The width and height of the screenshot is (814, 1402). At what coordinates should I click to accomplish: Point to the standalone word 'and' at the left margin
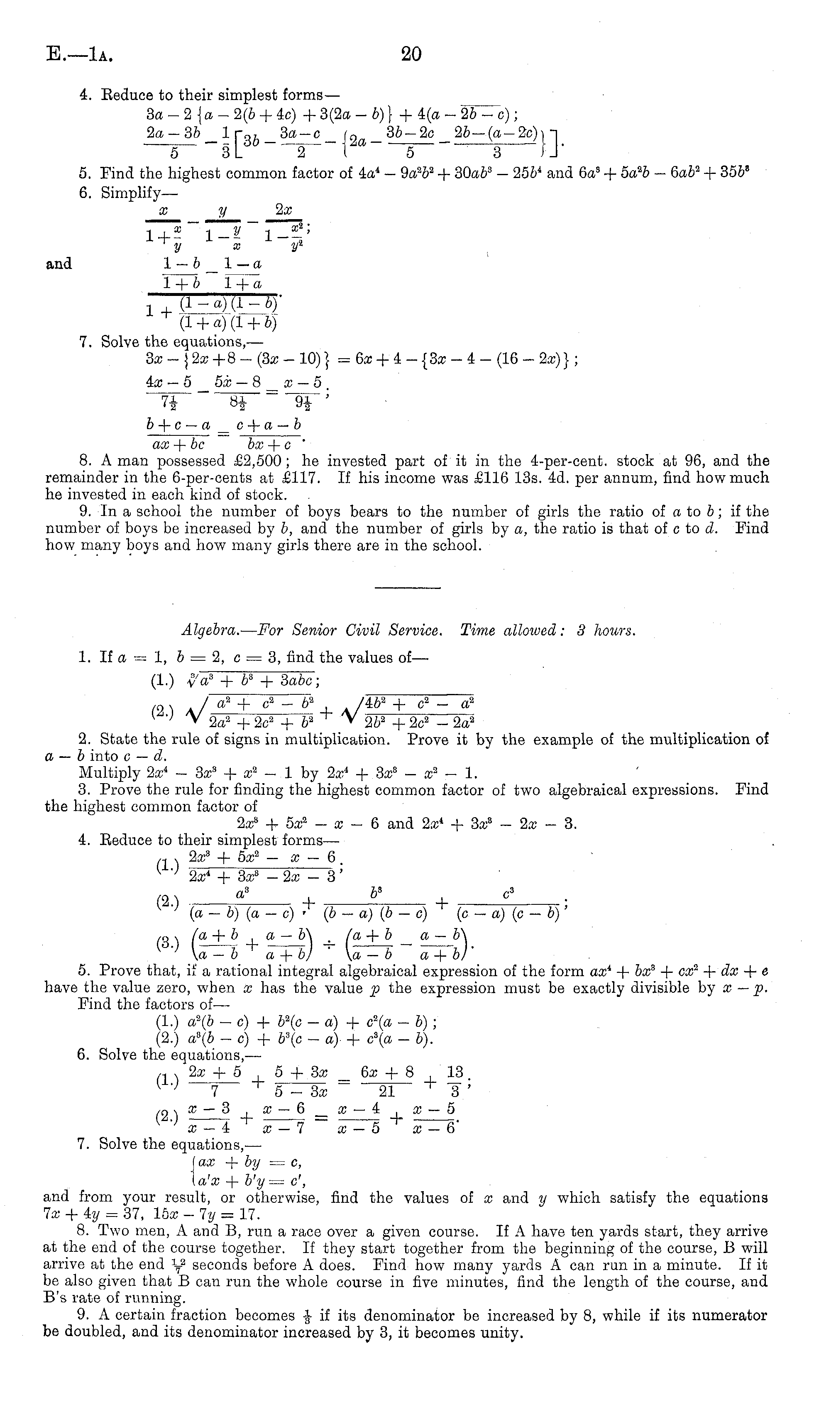click(59, 264)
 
